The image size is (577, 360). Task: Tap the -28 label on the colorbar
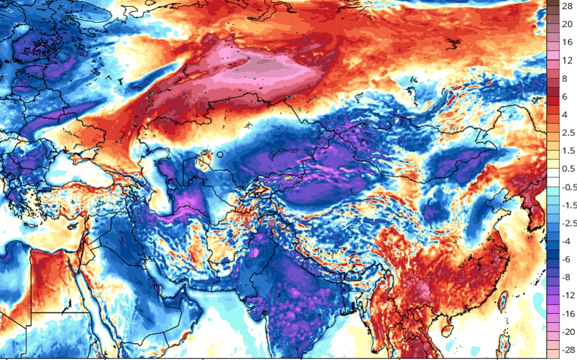tap(566, 350)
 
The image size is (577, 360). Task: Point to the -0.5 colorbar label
tap(567, 187)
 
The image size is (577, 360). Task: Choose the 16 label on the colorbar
tap(566, 43)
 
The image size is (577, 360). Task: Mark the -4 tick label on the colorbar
tap(566, 241)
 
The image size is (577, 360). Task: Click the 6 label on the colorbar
tap(566, 97)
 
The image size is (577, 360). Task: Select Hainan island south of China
tap(447, 329)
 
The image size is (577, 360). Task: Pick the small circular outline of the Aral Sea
tap(220, 154)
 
